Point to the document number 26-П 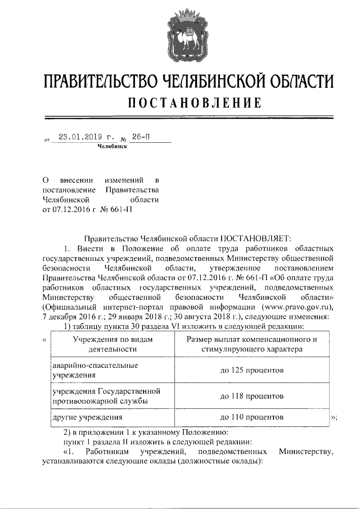[x=141, y=137]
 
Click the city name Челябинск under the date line [x=112, y=146]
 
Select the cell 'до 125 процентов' [x=251, y=370]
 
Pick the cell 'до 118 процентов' [x=251, y=396]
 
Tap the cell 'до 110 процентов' [x=251, y=417]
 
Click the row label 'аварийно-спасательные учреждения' [x=94, y=370]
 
